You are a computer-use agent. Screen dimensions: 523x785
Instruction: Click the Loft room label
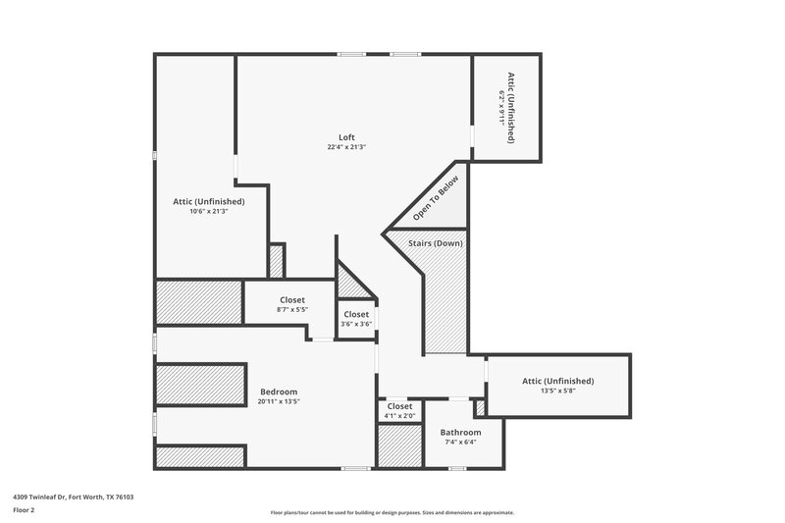tap(347, 137)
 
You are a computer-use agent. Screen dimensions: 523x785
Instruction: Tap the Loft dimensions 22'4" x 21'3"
tap(347, 147)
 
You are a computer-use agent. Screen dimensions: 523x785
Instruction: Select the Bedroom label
tap(279, 392)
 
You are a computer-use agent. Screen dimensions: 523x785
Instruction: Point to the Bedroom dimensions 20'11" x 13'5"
tap(279, 401)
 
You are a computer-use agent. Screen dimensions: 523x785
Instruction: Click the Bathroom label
tap(460, 433)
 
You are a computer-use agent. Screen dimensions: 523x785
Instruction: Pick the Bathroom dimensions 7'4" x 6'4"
tap(460, 443)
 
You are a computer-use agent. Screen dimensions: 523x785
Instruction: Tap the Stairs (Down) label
tap(437, 243)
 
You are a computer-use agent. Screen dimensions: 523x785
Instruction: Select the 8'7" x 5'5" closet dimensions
tap(292, 311)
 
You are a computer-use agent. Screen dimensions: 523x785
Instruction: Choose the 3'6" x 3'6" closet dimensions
tap(355, 324)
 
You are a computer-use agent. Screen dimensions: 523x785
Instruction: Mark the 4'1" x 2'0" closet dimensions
tap(399, 416)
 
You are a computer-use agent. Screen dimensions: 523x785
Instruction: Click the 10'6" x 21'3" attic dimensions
tap(208, 211)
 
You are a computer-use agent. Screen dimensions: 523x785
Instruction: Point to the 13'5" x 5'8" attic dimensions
tap(557, 391)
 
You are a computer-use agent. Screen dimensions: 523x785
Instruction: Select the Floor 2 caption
tap(25, 511)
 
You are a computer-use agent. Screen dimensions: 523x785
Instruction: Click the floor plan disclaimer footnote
tap(392, 512)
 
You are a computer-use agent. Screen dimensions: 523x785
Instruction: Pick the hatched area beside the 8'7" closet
tap(199, 301)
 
